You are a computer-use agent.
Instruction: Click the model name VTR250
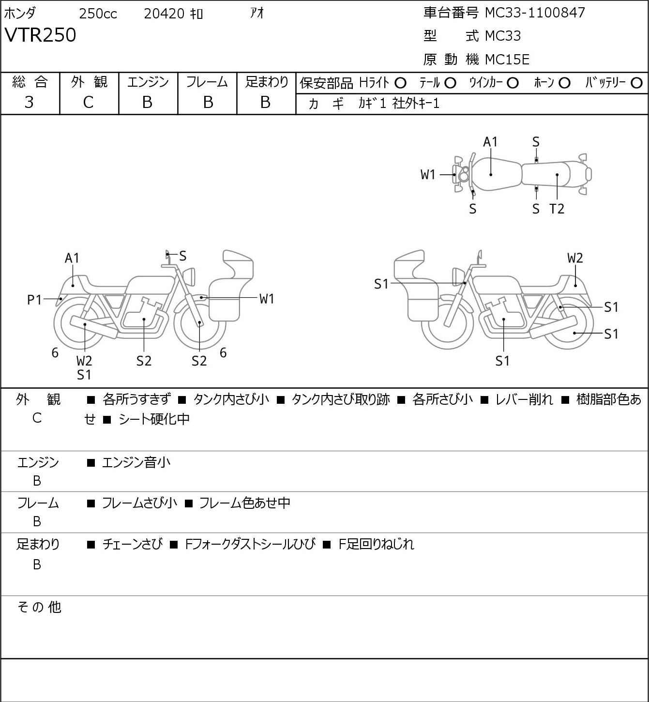point(40,35)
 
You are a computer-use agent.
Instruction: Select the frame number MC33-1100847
point(535,13)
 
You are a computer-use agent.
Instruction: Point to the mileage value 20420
point(164,14)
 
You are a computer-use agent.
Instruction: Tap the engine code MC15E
point(507,60)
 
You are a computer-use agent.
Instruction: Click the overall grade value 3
point(29,103)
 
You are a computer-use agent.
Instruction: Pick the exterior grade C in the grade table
point(88,103)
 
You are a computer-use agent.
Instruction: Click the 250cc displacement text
point(98,14)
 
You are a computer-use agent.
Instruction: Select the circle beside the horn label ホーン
point(564,83)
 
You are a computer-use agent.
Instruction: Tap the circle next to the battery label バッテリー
point(636,83)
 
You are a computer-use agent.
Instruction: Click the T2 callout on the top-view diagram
point(557,209)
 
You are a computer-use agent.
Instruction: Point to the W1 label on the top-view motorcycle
point(428,174)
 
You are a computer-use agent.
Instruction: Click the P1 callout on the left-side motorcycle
point(35,300)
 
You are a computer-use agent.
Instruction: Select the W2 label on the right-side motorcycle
point(575,258)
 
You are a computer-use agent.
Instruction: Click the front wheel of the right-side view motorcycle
point(448,323)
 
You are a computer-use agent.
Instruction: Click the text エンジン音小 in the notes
point(136,462)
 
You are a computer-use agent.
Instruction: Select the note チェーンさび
point(133,544)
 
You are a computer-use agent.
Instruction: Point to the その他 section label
point(39,607)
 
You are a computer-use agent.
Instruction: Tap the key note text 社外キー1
point(416,104)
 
